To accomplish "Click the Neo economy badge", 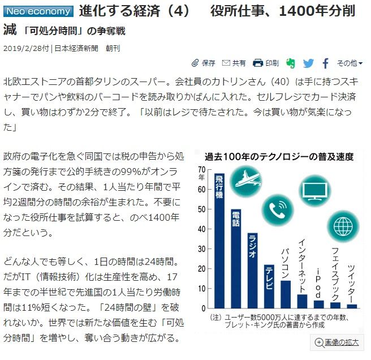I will pyautogui.click(x=38, y=11).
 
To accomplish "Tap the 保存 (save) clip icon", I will pyautogui.click(x=196, y=63).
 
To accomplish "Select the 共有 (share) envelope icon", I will pyautogui.click(x=226, y=63).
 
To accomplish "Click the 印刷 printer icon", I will pyautogui.click(x=258, y=63).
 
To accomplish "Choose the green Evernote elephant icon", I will pyautogui.click(x=291, y=63).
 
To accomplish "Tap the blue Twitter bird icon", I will pyautogui.click(x=308, y=63).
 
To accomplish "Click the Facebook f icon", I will pyautogui.click(x=326, y=63).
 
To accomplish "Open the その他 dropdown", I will pyautogui.click(x=350, y=63).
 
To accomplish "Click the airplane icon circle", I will pyautogui.click(x=247, y=181).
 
